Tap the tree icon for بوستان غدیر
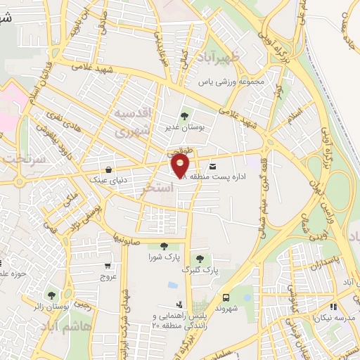(184, 116)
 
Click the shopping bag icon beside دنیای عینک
(108, 169)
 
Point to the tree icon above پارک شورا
(164, 245)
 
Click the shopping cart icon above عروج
(107, 266)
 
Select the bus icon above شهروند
(226, 297)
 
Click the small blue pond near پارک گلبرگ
(173, 285)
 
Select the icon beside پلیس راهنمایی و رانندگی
(180, 304)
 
